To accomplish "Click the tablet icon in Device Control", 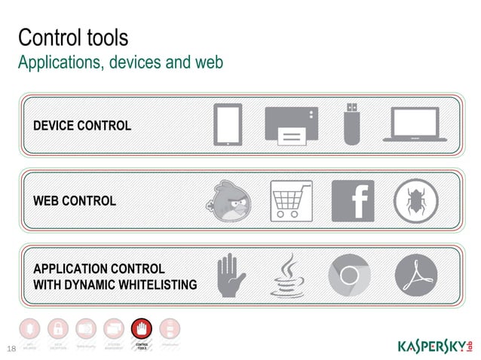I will (x=228, y=124).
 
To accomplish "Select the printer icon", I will (x=292, y=125).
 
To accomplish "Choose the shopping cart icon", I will (x=291, y=202).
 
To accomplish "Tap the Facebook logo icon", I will (x=352, y=202).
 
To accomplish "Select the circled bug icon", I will (x=415, y=202).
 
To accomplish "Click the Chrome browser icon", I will (x=350, y=276).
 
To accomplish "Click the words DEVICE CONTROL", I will (x=81, y=125).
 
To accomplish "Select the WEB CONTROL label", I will (x=75, y=201).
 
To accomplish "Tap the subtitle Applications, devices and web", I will (x=121, y=63).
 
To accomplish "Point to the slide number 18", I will (x=11, y=348).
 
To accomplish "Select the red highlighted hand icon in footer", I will (x=141, y=329).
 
